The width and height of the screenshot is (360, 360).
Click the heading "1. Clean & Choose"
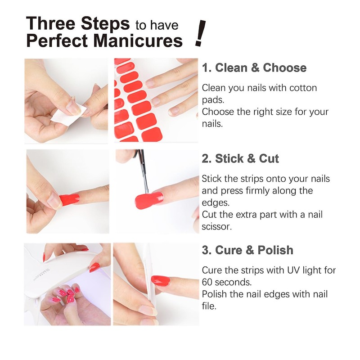point(254,68)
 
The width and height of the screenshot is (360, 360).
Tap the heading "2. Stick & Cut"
point(240,158)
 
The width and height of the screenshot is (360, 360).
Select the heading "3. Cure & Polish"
point(247,250)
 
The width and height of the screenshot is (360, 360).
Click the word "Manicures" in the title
point(138,40)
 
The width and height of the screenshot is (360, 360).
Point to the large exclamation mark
point(200,33)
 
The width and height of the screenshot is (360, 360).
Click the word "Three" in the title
point(50,23)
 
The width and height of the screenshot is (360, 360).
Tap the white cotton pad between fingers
point(68,115)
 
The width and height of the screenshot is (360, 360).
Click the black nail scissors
point(142,171)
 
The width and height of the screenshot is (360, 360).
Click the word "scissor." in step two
point(217,227)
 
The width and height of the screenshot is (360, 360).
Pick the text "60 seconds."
point(227,282)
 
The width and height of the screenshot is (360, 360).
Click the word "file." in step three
point(209,306)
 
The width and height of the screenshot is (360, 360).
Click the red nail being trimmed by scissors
point(149,200)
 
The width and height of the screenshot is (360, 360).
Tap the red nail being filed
point(161,281)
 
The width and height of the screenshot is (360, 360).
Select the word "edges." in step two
point(216,203)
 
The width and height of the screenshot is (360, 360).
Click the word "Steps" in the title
point(105,23)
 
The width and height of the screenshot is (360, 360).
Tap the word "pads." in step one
point(213,100)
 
